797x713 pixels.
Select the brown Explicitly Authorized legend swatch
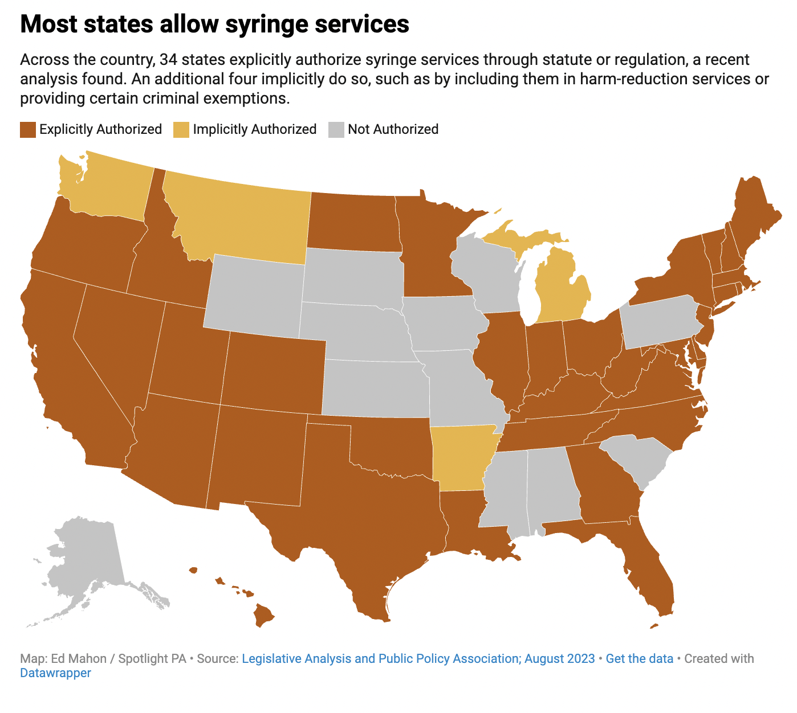click(28, 130)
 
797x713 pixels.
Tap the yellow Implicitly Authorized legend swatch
click(181, 130)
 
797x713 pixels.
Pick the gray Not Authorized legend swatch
click(336, 130)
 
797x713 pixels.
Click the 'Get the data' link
click(639, 659)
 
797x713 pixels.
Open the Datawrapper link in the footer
click(55, 673)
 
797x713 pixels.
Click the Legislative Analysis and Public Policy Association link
click(418, 659)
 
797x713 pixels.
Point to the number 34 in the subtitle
click(169, 60)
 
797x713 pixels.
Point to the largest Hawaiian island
click(263, 616)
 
